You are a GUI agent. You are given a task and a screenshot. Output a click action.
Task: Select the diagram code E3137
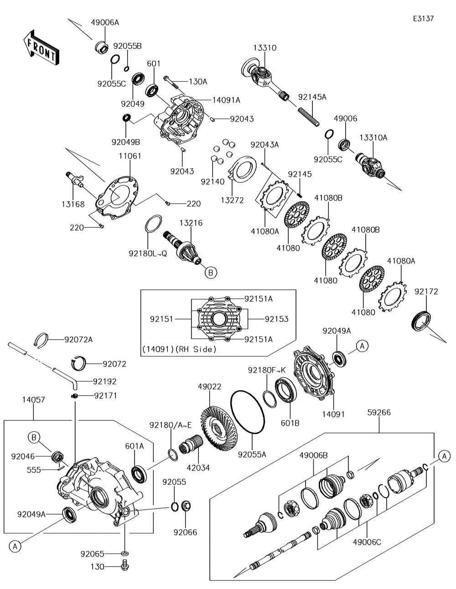423,19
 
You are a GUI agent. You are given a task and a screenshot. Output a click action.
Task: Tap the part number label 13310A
373,137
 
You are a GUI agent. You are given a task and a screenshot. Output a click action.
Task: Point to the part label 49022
209,387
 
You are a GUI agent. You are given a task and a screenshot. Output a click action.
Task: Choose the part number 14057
33,400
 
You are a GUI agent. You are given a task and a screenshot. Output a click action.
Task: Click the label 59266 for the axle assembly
379,413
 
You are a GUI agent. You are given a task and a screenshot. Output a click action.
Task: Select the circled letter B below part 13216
210,273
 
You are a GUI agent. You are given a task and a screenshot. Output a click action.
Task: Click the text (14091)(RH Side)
179,349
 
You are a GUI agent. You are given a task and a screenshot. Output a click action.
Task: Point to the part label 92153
276,319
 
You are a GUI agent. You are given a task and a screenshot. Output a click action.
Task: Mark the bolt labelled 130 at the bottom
124,566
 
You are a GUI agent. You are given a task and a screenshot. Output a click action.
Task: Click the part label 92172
426,291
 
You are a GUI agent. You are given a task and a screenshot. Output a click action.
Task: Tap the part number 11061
130,156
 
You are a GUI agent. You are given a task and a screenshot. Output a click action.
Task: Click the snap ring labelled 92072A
42,340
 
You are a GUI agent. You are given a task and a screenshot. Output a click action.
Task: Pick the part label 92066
185,532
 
